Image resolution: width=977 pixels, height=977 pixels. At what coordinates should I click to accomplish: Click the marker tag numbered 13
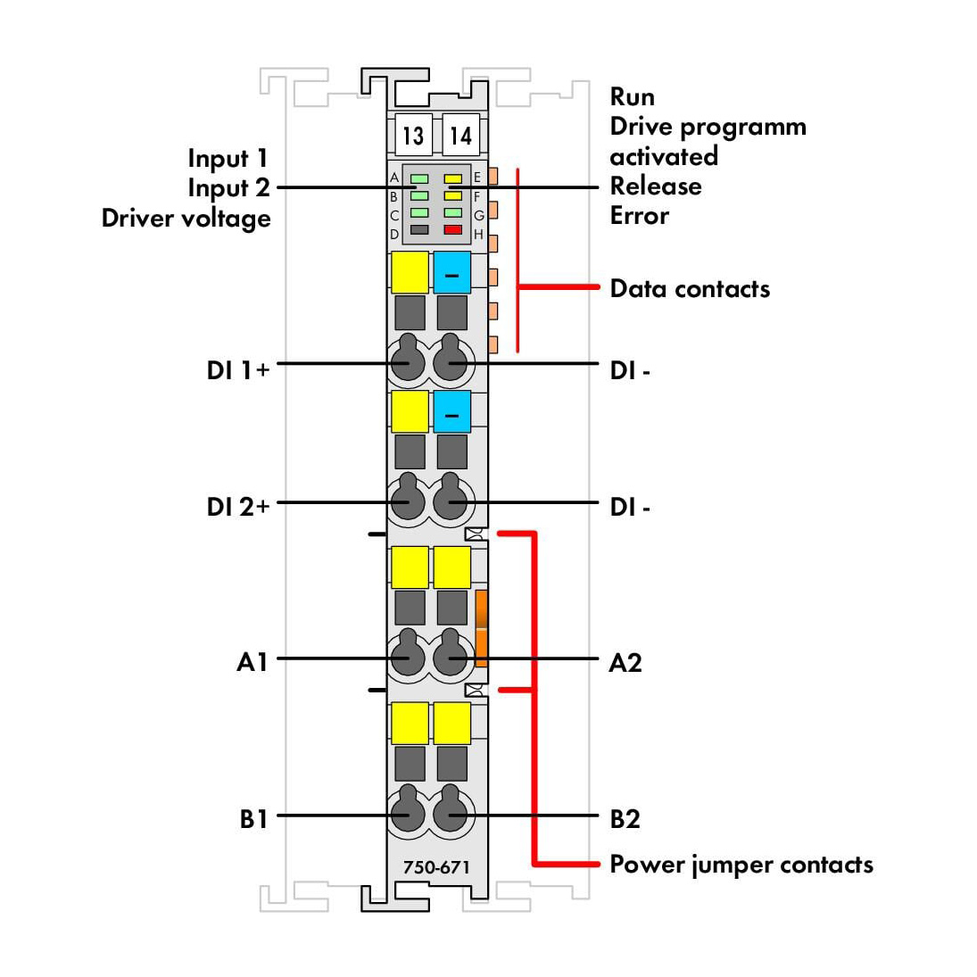[x=413, y=135]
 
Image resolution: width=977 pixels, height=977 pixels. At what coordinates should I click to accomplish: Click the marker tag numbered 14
[x=461, y=135]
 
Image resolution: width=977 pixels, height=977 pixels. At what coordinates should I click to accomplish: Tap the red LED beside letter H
[x=453, y=229]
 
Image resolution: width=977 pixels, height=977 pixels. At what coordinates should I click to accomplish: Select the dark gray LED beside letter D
[x=419, y=229]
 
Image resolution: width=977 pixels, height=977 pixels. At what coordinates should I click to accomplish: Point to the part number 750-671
[x=436, y=866]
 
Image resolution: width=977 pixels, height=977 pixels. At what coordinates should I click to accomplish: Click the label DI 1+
[x=238, y=370]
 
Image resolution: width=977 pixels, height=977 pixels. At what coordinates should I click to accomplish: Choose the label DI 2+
[x=238, y=507]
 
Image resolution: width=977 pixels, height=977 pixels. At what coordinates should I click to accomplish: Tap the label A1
[x=253, y=662]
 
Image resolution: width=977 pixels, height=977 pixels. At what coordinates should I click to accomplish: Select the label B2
[x=625, y=819]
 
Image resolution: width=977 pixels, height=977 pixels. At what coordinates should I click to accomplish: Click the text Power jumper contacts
[x=741, y=865]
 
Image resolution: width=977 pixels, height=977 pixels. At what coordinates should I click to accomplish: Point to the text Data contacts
[x=690, y=288]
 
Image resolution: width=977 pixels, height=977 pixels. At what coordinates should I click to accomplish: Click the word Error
[x=639, y=216]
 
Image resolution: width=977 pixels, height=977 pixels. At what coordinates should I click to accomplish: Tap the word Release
[x=656, y=186]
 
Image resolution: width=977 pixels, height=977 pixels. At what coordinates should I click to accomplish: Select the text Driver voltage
[x=186, y=219]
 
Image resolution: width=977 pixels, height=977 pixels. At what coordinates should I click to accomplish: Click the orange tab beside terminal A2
[x=481, y=628]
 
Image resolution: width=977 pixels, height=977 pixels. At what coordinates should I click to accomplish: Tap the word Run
[x=632, y=96]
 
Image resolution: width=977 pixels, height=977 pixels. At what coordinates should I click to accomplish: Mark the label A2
[x=625, y=662]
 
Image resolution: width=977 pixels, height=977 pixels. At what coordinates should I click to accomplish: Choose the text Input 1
[x=228, y=159]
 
